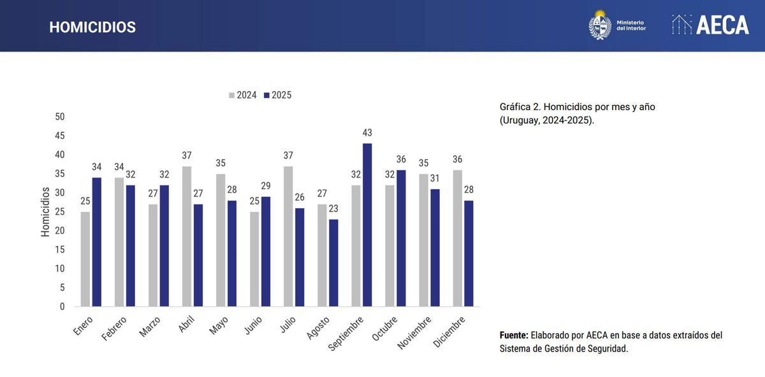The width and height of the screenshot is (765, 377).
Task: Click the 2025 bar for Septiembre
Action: click(367, 225)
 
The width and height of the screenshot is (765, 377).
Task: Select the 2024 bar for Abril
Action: click(187, 236)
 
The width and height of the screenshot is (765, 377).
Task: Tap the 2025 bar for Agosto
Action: click(333, 262)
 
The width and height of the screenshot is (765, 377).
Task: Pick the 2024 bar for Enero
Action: click(85, 259)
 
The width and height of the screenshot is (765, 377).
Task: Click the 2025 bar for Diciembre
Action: click(469, 253)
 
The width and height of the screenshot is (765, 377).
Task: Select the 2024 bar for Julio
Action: click(288, 236)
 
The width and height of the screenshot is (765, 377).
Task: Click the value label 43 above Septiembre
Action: click(367, 133)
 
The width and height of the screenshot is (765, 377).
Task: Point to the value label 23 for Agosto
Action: click(333, 209)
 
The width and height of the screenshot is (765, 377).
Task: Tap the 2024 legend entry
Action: click(242, 96)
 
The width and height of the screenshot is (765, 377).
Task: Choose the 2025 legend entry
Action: click(277, 96)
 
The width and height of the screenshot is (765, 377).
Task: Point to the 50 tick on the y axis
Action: click(60, 117)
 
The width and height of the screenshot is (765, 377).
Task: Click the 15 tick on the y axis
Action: click(60, 250)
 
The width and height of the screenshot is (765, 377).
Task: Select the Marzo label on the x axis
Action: click(150, 326)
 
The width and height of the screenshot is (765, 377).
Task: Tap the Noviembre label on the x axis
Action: click(414, 332)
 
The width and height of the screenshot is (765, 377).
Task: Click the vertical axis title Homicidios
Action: click(45, 212)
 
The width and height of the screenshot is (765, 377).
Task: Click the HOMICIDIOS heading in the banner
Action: click(92, 27)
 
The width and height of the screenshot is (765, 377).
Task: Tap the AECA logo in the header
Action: click(710, 25)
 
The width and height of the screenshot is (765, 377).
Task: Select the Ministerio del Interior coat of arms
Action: click(599, 25)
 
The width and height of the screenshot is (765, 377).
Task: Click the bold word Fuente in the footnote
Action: click(514, 335)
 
